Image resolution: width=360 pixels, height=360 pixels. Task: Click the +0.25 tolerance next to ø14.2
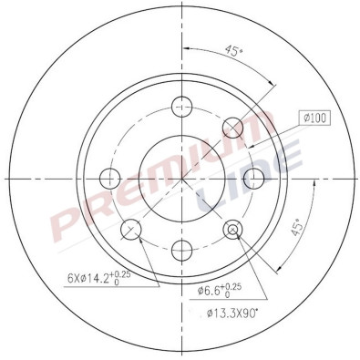tap(146, 273)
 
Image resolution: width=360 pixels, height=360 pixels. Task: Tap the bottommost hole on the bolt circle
tap(181, 248)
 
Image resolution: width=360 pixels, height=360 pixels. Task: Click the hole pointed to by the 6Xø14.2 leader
tap(129, 228)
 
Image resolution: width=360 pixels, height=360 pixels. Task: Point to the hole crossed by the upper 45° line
tap(233, 125)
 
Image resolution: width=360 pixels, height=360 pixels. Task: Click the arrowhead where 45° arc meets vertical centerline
tap(185, 46)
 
